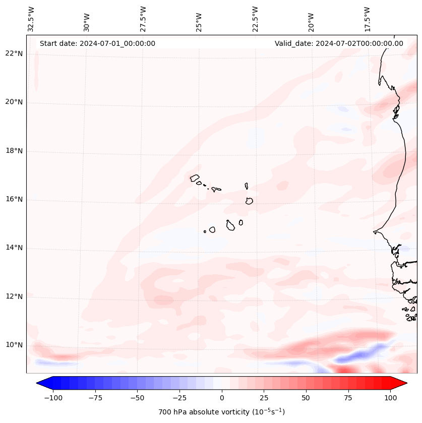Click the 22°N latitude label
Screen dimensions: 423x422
(14, 53)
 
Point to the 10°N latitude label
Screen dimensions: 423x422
(14, 345)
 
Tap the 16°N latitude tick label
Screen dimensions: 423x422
(14, 199)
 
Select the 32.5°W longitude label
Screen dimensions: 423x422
(31, 19)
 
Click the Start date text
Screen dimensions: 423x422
(97, 43)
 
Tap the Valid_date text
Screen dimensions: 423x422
(339, 43)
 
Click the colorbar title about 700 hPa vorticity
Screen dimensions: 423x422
(221, 412)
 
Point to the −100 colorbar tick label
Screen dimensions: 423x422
(53, 398)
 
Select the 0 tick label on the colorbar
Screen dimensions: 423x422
(221, 398)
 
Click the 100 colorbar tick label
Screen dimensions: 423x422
(390, 398)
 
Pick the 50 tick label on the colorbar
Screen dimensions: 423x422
(306, 398)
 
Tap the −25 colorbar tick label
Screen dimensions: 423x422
(179, 398)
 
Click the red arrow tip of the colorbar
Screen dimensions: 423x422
(401, 384)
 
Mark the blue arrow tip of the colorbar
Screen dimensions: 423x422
(42, 384)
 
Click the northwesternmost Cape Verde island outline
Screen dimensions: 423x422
(195, 177)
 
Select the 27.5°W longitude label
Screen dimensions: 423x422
(143, 19)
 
